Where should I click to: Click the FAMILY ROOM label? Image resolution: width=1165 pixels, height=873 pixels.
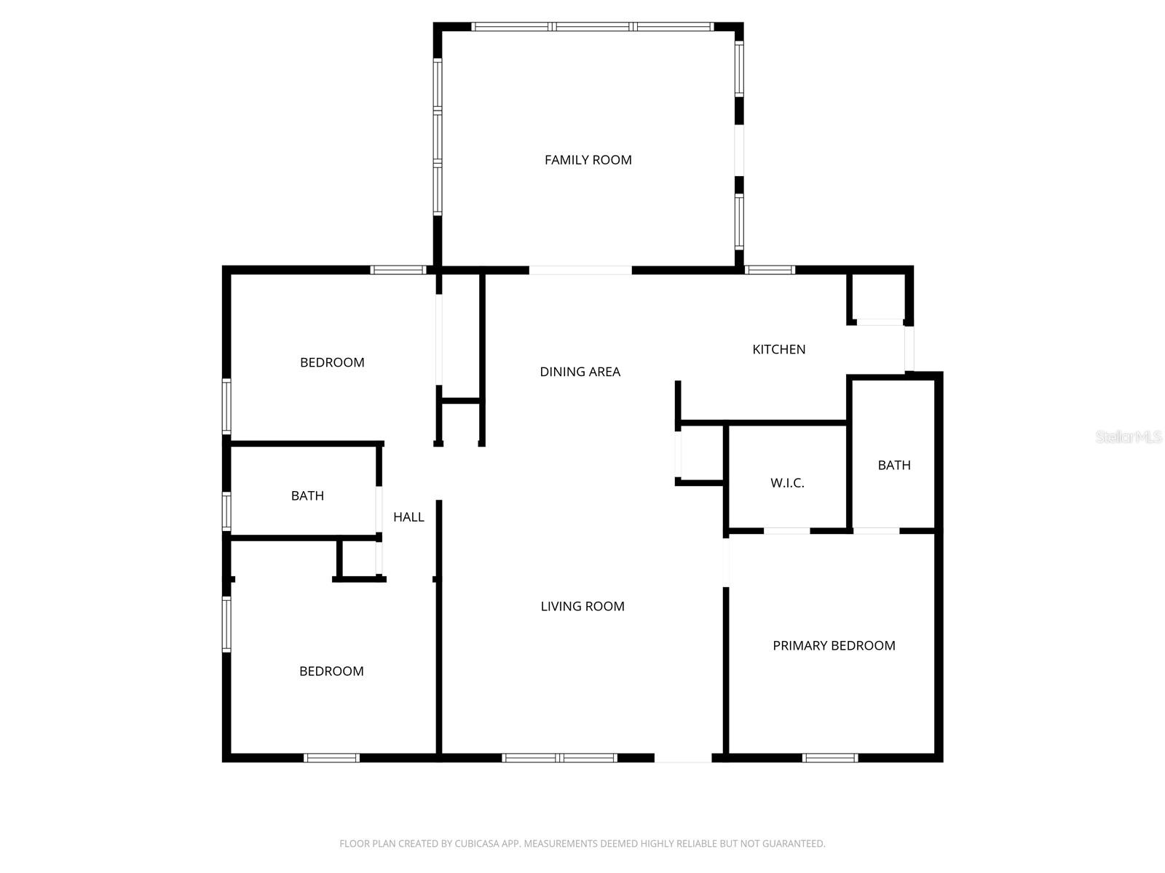[x=588, y=160]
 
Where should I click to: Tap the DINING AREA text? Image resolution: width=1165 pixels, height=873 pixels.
[x=580, y=372]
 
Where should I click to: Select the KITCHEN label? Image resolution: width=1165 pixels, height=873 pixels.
[x=778, y=349]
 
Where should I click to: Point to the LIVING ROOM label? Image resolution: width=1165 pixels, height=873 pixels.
[x=582, y=606]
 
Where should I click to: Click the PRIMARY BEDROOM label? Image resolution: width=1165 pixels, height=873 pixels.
[x=834, y=645]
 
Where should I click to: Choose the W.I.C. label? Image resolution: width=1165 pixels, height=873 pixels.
[x=787, y=483]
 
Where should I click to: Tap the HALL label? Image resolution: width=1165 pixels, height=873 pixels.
[x=408, y=517]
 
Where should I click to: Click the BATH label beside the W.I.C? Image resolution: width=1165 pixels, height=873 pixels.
[x=893, y=466]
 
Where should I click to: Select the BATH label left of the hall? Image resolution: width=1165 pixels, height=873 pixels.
[x=307, y=496]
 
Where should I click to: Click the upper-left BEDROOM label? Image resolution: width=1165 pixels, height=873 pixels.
[x=332, y=362]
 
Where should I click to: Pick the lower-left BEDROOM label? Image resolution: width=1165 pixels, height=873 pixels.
[x=331, y=671]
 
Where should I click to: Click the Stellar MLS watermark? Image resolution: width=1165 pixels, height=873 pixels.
[x=1128, y=437]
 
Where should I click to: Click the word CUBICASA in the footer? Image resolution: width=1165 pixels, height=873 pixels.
[x=480, y=844]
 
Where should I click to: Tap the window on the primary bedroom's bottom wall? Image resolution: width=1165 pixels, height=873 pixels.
[x=829, y=758]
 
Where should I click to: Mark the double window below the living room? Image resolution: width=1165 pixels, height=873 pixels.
[x=559, y=758]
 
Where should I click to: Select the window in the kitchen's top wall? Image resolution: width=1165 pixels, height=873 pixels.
[x=770, y=270]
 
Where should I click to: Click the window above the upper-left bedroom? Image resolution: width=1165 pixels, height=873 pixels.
[x=398, y=270]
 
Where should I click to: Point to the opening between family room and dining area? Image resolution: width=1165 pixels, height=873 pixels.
[x=580, y=271]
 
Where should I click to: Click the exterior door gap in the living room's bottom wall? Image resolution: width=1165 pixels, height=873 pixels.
[x=682, y=758]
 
